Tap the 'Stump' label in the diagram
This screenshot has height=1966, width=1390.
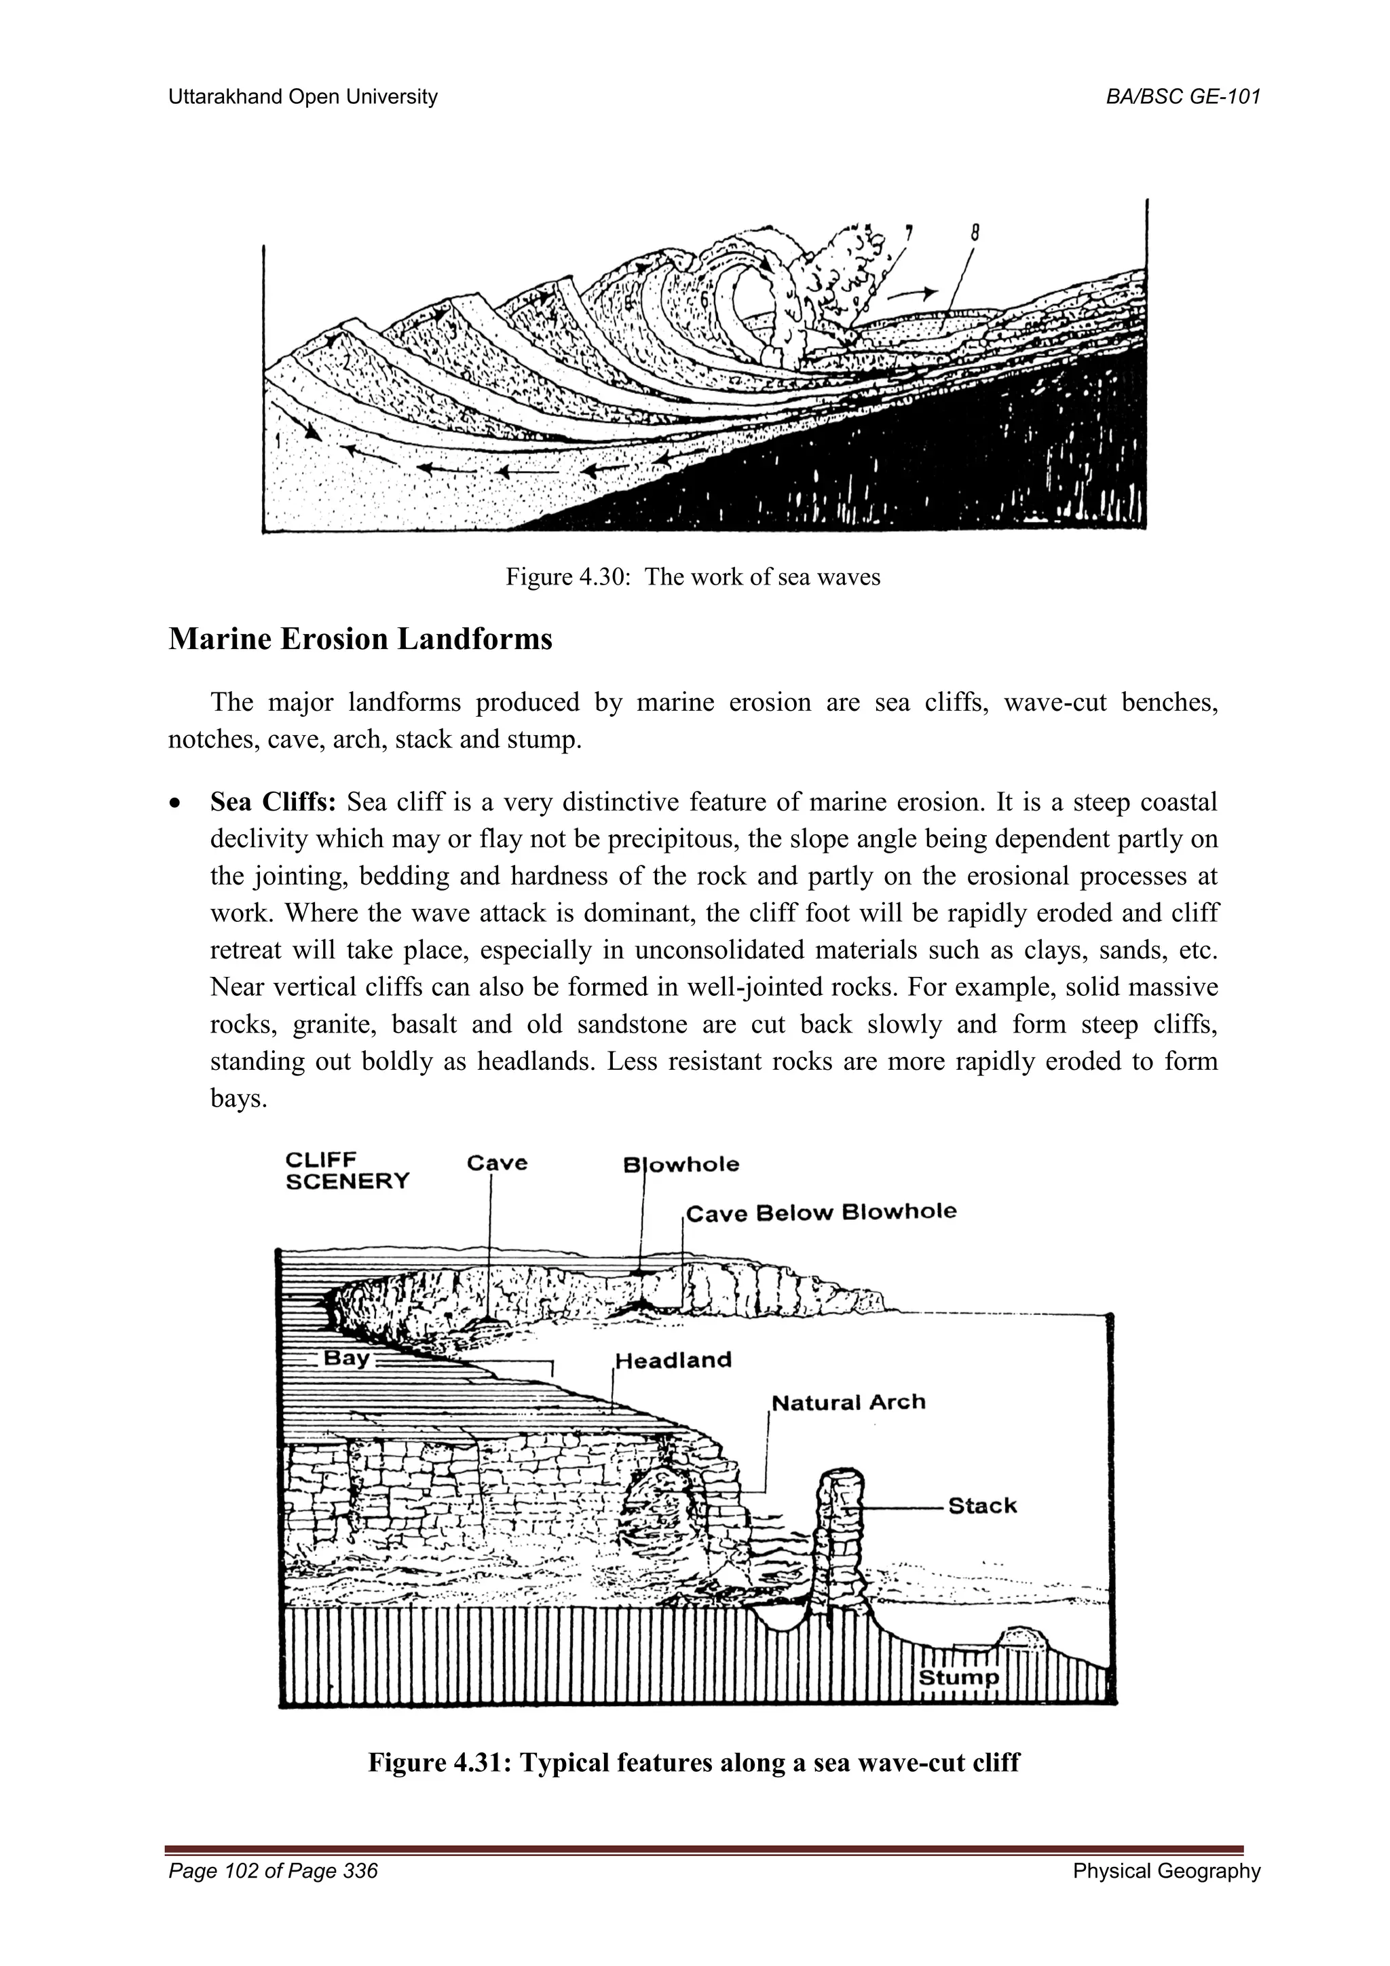pos(958,1677)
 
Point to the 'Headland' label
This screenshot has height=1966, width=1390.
pos(673,1360)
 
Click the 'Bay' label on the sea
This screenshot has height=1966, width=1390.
pos(345,1358)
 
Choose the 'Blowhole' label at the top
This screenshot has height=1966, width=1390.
pos(681,1164)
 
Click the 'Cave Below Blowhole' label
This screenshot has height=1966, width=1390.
pos(821,1212)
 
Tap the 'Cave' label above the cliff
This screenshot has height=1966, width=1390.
pos(496,1163)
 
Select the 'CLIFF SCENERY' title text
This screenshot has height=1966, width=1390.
pos(347,1170)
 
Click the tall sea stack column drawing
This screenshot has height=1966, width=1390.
pos(840,1541)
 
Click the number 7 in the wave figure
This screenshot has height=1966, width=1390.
pos(908,232)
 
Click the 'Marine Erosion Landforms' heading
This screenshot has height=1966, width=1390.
pos(360,639)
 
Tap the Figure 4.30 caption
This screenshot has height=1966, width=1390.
pos(692,576)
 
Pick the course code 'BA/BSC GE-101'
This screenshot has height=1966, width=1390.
pos(1183,97)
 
